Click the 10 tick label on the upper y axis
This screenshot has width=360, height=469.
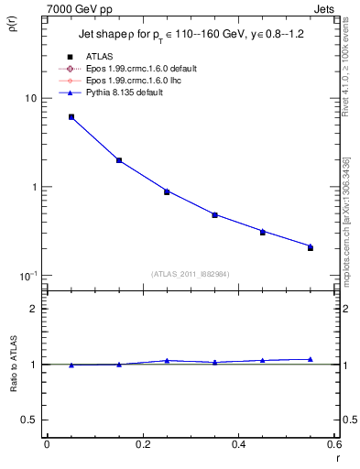(x=29, y=98)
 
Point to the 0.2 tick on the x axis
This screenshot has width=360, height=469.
(x=142, y=444)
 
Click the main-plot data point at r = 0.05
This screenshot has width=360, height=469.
(x=71, y=117)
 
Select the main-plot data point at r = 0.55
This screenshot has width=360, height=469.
(x=311, y=247)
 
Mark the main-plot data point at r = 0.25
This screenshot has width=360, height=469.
(x=167, y=191)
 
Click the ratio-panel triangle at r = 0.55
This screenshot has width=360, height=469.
(x=311, y=359)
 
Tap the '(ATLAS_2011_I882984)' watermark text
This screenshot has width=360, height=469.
(x=190, y=274)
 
